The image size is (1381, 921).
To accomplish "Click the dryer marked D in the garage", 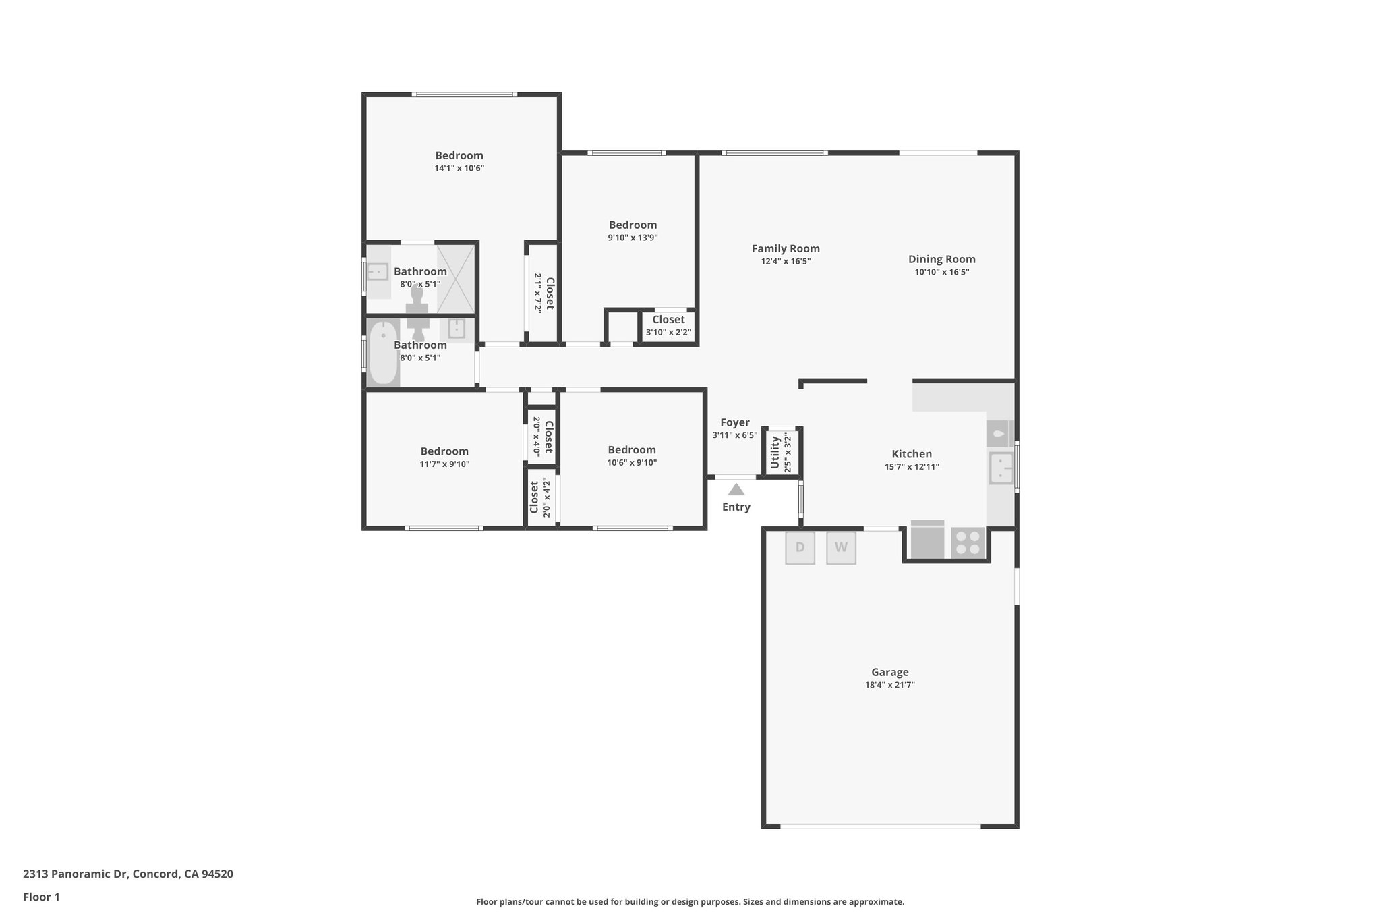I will click(x=800, y=548).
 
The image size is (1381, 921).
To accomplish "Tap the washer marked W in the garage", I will click(x=841, y=548).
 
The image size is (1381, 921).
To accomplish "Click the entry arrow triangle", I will click(x=736, y=490).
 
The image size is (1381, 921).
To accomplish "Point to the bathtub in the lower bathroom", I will click(x=383, y=354).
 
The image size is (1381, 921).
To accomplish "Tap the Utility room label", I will click(x=775, y=452).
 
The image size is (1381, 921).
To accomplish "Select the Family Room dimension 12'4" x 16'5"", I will click(x=786, y=261).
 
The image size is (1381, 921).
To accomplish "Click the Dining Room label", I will click(x=941, y=259).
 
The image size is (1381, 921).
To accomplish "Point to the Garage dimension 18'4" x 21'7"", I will click(x=889, y=685).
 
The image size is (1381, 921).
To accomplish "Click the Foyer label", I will click(x=734, y=423).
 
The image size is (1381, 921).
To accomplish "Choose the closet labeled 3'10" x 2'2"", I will click(x=668, y=326).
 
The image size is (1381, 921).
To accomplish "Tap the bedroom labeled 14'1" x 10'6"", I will click(x=459, y=162).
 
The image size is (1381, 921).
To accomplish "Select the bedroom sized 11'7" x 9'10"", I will click(x=444, y=457).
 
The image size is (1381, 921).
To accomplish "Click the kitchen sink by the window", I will click(x=1001, y=468).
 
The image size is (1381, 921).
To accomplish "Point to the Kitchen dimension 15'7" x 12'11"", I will click(x=912, y=467).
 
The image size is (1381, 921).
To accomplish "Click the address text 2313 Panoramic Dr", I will click(x=128, y=874).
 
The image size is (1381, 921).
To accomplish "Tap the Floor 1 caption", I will click(x=41, y=897).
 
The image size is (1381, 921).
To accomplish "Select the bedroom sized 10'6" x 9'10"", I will click(x=632, y=456).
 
